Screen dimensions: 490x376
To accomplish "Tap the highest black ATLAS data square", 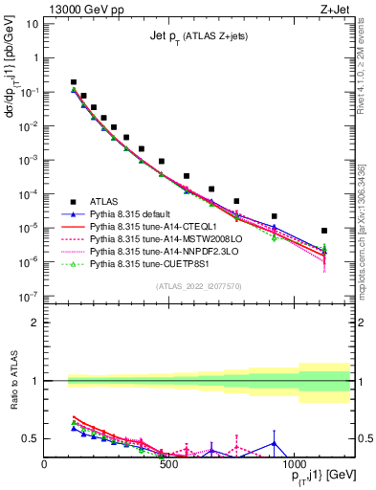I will coord(74,83).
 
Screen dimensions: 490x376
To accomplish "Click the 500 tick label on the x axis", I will coord(168,464).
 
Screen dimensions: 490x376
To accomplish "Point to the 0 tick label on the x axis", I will coord(45,464).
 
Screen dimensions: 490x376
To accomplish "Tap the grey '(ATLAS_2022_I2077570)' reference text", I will coord(199,285).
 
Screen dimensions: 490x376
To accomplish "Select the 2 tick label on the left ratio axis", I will coord(34,323).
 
